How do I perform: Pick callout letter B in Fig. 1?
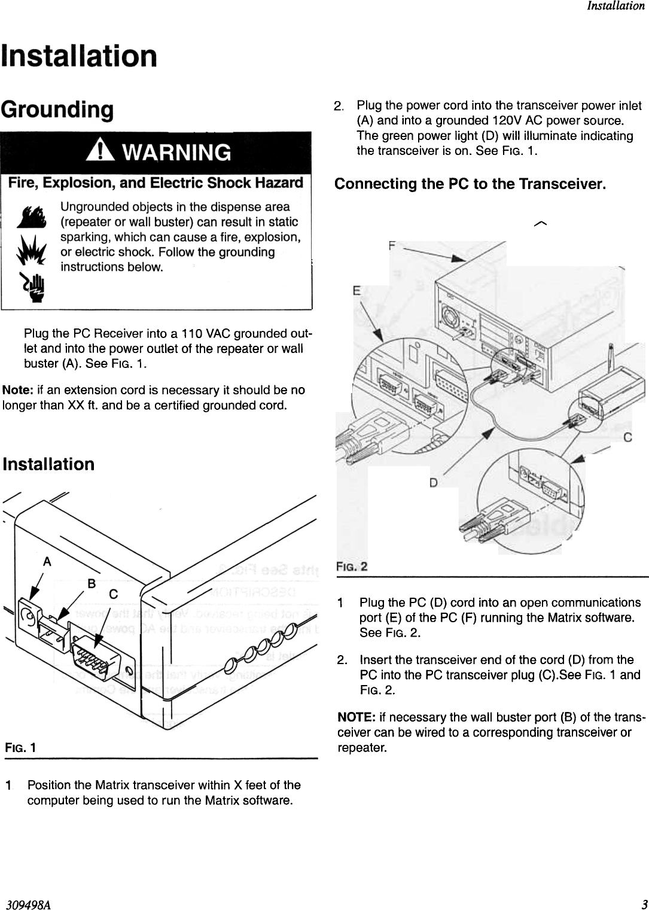click(x=92, y=583)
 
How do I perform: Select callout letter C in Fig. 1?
click(x=113, y=594)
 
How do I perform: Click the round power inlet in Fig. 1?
click(x=28, y=614)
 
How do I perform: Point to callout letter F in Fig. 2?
click(x=392, y=245)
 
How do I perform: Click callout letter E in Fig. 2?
click(x=357, y=291)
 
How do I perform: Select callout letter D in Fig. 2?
click(x=433, y=482)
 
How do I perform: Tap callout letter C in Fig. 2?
click(x=627, y=438)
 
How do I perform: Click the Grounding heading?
click(x=57, y=109)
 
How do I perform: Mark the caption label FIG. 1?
click(x=20, y=748)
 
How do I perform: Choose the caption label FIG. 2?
click(x=352, y=566)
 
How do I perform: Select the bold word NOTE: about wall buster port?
click(x=357, y=717)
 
